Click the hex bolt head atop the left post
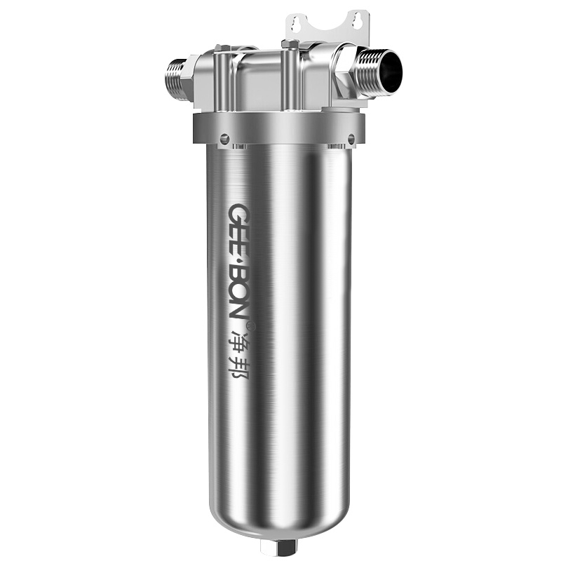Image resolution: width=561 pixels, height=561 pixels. coord(219,48)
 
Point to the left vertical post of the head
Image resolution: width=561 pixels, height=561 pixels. coord(220,81)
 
